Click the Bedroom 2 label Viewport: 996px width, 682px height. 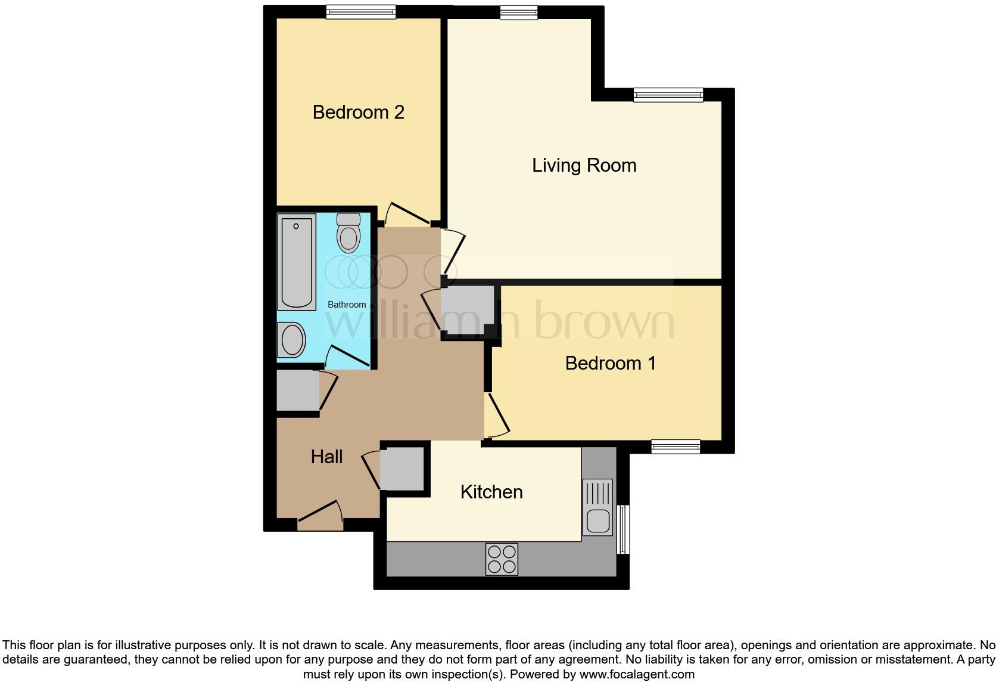(358, 112)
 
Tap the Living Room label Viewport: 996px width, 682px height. (584, 165)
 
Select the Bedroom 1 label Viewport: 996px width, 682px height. (610, 363)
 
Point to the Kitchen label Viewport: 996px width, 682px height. (491, 492)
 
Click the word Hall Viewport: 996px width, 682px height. (326, 457)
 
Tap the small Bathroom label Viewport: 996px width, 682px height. (347, 305)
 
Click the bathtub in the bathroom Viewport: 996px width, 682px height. (297, 263)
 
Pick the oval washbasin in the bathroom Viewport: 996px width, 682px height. (292, 340)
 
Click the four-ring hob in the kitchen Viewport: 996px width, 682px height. (502, 559)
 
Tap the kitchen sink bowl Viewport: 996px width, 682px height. (598, 521)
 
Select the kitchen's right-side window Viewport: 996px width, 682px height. (623, 529)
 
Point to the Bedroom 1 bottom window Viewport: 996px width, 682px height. (675, 447)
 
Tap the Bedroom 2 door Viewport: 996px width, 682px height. (408, 215)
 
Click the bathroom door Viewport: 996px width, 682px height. (348, 356)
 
